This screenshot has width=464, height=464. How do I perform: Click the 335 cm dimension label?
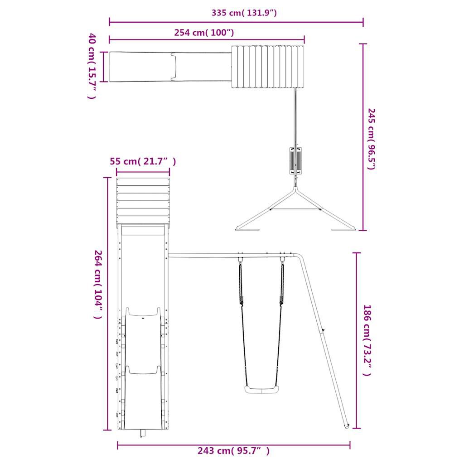[244, 13]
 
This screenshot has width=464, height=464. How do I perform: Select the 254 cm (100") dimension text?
[204, 32]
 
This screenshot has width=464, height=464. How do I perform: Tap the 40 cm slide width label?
[92, 66]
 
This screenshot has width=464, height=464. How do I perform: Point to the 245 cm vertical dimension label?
[371, 139]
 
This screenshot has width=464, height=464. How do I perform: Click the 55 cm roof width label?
[143, 162]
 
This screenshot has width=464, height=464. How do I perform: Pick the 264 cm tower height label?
[98, 285]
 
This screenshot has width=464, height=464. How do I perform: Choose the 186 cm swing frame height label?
[367, 340]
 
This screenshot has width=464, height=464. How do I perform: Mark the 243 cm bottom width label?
[234, 451]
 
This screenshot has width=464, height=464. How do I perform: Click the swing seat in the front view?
[261, 389]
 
